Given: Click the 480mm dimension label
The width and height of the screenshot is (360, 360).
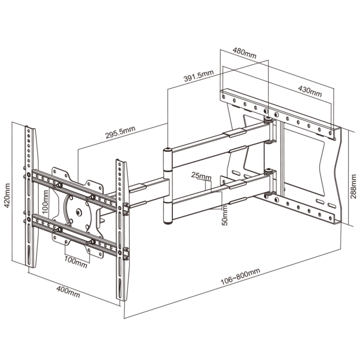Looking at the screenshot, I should pyautogui.click(x=244, y=55).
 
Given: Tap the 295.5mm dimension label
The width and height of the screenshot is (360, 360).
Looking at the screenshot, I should pyautogui.click(x=119, y=131).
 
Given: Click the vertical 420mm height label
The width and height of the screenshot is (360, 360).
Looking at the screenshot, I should pyautogui.click(x=7, y=194).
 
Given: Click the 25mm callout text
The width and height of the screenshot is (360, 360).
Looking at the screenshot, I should pyautogui.click(x=202, y=177).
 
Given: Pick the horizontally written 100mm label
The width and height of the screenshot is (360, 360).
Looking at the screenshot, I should pyautogui.click(x=75, y=260).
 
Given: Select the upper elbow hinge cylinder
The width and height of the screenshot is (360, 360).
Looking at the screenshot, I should pyautogui.click(x=167, y=161).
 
